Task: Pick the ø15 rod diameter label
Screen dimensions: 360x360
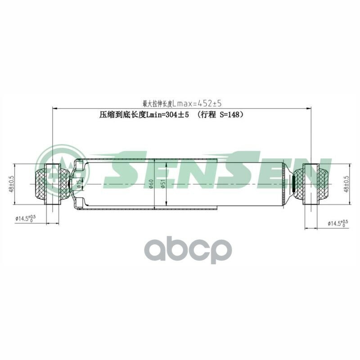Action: pos(79,184)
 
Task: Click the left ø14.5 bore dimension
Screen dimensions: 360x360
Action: pos(26,218)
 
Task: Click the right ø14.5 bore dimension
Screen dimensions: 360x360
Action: pos(337,223)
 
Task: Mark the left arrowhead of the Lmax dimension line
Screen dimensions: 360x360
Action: pos(55,108)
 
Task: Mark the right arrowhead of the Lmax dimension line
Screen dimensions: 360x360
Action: pos(309,108)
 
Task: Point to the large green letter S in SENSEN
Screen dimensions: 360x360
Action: pos(124,173)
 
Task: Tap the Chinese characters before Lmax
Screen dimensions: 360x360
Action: pos(157,103)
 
